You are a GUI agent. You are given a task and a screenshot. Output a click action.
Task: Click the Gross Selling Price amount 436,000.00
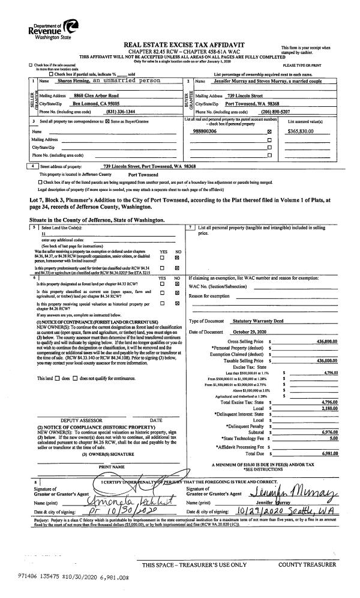click(x=326, y=341)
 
